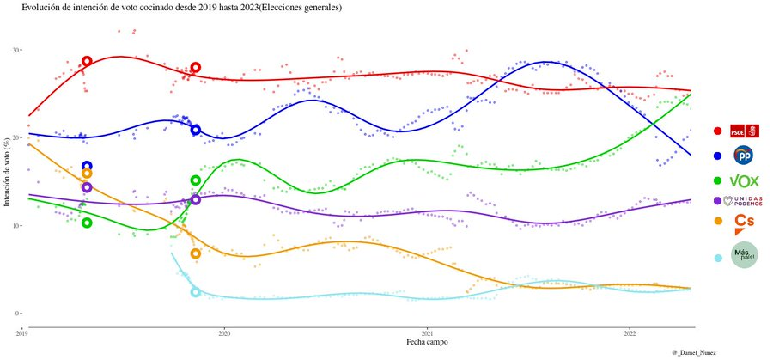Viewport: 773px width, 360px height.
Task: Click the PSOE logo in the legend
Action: click(x=744, y=131)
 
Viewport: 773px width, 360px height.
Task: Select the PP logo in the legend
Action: click(x=744, y=156)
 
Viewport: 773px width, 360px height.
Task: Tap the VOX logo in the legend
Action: click(x=744, y=180)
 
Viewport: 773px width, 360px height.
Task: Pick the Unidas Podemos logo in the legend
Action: click(x=744, y=201)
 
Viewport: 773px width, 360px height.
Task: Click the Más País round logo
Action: click(x=744, y=256)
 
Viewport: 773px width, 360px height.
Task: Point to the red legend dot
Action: click(x=717, y=131)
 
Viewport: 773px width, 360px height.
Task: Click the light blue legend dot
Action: click(x=717, y=257)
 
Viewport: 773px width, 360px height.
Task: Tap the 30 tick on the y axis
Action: click(x=15, y=50)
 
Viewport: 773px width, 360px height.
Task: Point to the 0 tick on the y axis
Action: click(x=17, y=314)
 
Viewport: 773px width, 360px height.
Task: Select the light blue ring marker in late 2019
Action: click(x=195, y=292)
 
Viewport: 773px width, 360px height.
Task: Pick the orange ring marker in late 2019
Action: click(x=195, y=253)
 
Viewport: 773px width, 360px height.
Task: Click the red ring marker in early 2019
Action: click(x=87, y=61)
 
